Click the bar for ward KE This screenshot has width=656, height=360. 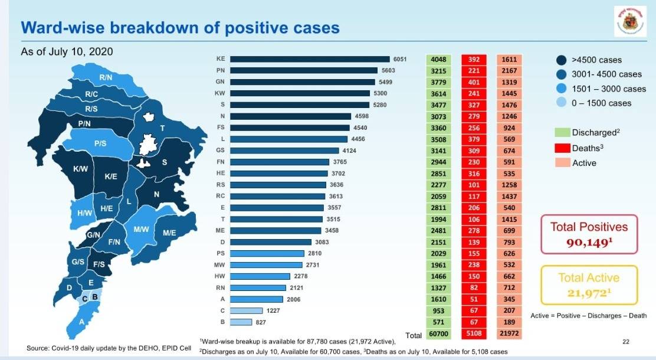(x=310, y=59)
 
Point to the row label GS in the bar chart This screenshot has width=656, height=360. (x=219, y=150)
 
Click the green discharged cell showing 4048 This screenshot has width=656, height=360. (x=438, y=60)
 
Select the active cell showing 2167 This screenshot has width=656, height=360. (x=510, y=71)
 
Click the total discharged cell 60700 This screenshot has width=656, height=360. (x=438, y=334)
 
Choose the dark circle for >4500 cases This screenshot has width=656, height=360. (x=562, y=60)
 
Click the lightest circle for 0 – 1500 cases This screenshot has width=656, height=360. (x=562, y=103)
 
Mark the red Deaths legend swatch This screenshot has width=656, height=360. (x=562, y=148)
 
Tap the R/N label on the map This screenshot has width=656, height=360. (x=106, y=77)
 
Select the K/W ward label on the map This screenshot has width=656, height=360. (x=80, y=169)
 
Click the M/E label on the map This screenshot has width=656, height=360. (x=170, y=233)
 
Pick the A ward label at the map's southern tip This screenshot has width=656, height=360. (x=81, y=322)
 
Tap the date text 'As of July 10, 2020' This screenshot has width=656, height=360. (x=67, y=51)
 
